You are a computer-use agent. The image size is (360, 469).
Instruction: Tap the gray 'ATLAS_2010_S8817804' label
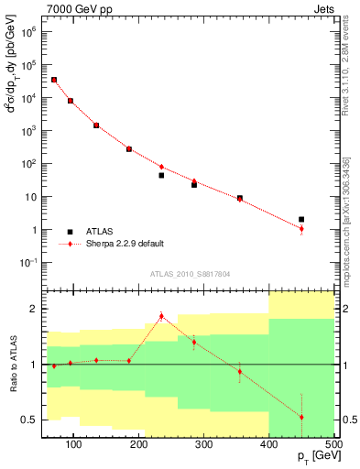point(191,274)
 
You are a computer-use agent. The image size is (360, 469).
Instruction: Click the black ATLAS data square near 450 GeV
point(301,220)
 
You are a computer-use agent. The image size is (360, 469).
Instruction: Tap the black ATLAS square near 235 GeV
point(161,175)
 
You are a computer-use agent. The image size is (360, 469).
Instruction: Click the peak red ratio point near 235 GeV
point(161,316)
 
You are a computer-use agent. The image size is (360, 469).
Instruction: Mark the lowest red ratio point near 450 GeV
point(301,417)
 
